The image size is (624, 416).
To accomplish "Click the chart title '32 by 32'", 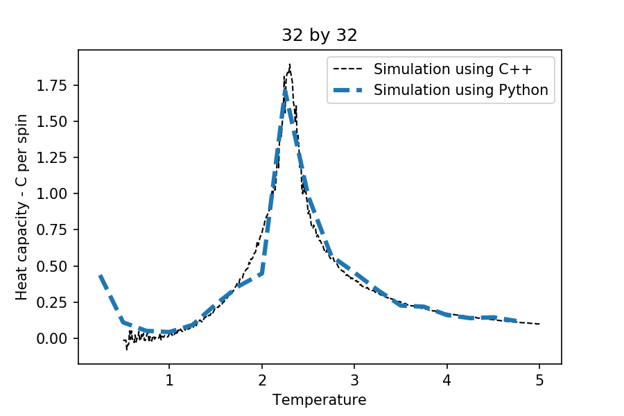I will [320, 36].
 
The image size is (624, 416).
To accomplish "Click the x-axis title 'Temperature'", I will [320, 400].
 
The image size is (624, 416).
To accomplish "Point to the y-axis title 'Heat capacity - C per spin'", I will [21, 207].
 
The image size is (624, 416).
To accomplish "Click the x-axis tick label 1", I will [168, 380].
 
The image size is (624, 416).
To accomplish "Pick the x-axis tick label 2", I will [261, 380].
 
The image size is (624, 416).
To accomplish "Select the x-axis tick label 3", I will [354, 380].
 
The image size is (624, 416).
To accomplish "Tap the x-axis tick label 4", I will [447, 380].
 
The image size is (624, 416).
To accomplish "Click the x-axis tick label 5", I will [539, 380].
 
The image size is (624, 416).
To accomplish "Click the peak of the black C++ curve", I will [289, 64].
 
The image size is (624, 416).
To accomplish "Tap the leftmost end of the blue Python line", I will [100, 275].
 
